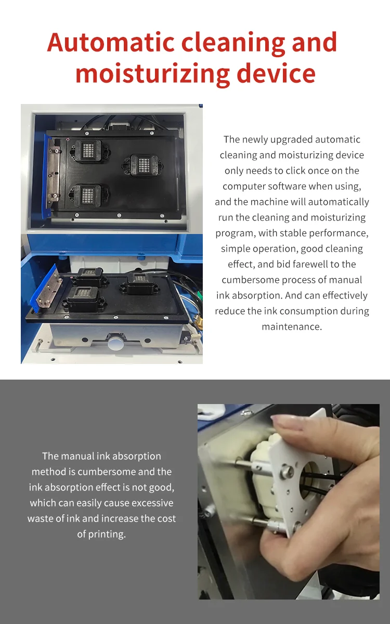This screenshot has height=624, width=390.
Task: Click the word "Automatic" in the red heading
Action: (111, 42)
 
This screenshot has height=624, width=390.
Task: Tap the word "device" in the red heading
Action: (276, 73)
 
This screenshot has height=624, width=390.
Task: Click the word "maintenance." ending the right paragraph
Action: (292, 327)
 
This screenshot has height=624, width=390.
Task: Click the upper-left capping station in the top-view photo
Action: (88, 150)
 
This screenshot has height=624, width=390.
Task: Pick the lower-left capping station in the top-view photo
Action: (88, 195)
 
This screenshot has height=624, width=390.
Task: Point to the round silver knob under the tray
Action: (114, 344)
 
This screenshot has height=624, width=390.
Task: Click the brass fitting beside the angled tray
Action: (198, 320)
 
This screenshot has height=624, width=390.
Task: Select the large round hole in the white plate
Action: (311, 477)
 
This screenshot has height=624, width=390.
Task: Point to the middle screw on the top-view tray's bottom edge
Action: (119, 215)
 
